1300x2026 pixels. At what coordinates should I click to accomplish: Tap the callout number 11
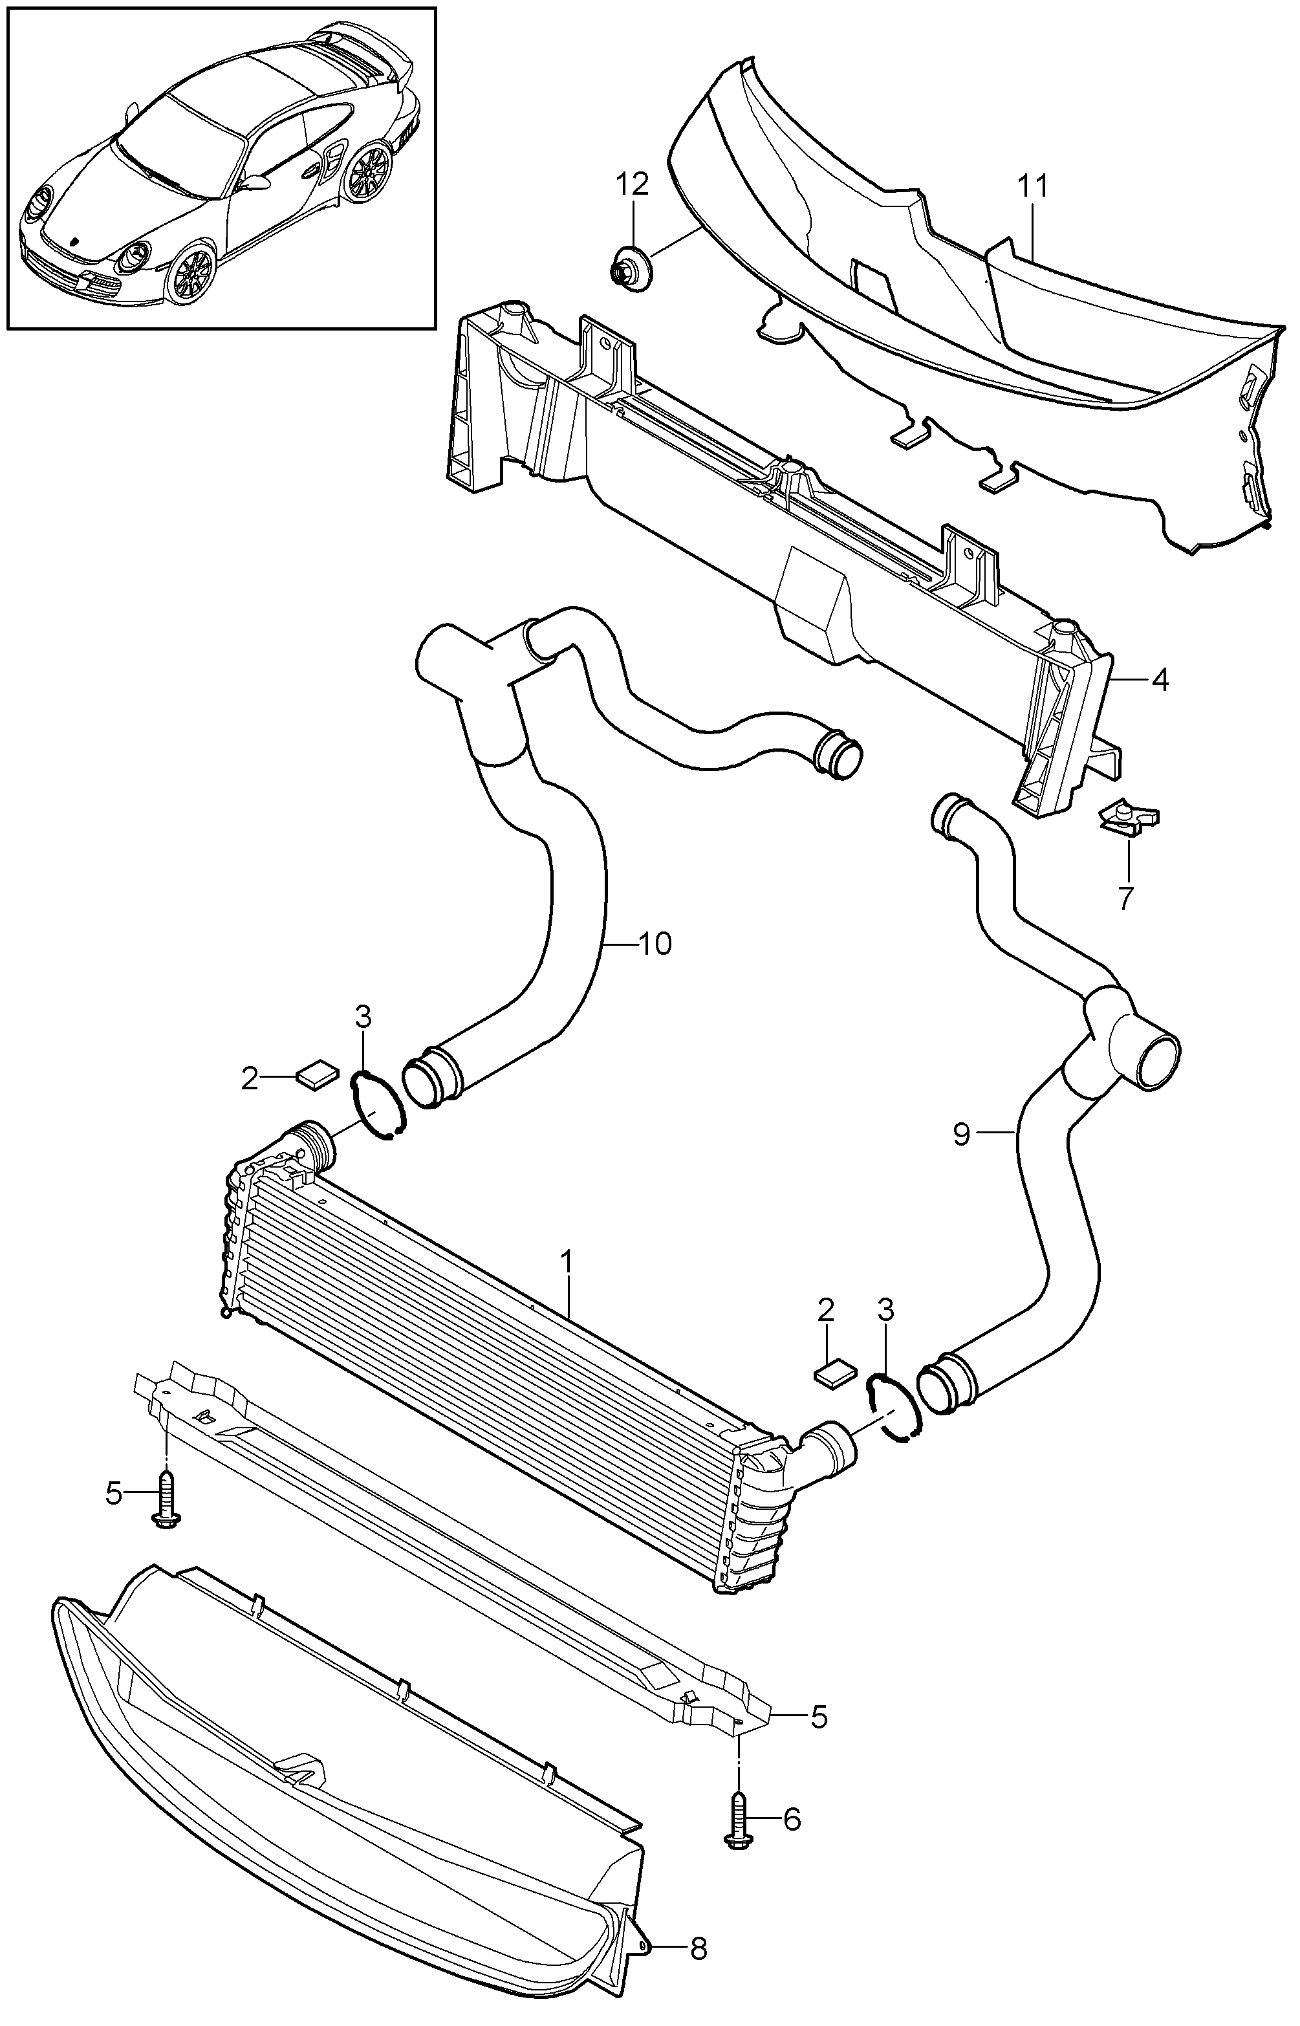click(1032, 185)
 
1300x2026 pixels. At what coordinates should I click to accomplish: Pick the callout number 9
click(962, 1134)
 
